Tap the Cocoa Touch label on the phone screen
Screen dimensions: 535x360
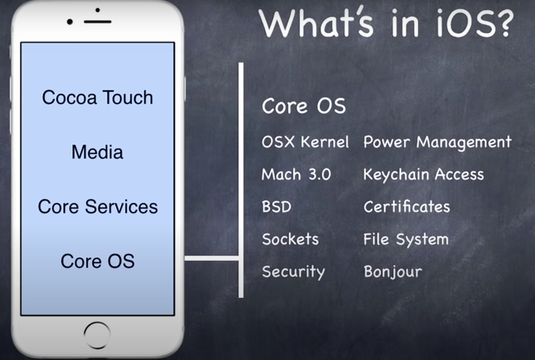coord(97,97)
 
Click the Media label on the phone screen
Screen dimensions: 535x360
coord(97,152)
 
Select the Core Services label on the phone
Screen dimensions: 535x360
coord(98,206)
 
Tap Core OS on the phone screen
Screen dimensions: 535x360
coord(97,261)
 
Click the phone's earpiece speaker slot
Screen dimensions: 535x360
coord(97,22)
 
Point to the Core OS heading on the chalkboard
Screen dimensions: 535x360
coord(304,106)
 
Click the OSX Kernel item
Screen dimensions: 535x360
coord(305,142)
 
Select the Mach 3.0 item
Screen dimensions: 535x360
coord(296,174)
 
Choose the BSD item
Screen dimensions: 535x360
coord(276,206)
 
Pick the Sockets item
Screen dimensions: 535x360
coord(290,239)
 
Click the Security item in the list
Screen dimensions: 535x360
coord(293,272)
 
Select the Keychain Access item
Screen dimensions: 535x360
coord(424,174)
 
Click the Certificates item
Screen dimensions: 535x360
coord(407,206)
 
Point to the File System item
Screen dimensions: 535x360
coord(406,240)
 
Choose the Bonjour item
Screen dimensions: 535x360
coord(393,272)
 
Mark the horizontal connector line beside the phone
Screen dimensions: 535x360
coord(212,258)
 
